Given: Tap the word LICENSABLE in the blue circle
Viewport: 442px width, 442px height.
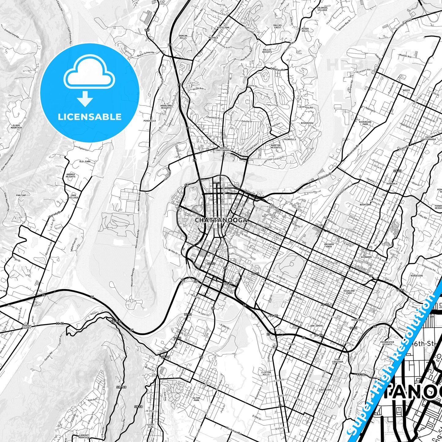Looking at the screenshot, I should point(90,117).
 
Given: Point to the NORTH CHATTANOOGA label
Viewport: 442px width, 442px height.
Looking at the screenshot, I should point(223,149).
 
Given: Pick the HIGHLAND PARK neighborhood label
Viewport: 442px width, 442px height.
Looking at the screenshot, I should point(349,292).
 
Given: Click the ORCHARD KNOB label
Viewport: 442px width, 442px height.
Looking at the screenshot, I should point(329,245).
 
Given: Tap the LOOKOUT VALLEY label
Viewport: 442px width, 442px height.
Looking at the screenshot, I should point(27,327).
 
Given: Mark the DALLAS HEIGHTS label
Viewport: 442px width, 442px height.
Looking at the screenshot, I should point(267,51).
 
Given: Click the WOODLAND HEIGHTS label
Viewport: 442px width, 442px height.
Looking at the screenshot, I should point(166,107).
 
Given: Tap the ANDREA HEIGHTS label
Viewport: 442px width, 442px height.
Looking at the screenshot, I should point(71,175).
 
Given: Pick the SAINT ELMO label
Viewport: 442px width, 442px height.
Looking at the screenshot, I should point(150,425).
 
